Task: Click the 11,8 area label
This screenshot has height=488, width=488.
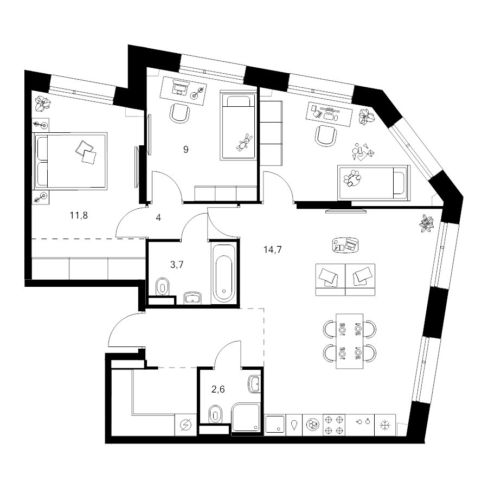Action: point(79,215)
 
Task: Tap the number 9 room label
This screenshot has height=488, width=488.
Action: point(186,150)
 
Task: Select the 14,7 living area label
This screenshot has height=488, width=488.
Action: point(273,249)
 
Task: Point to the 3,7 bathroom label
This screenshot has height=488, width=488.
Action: point(177,265)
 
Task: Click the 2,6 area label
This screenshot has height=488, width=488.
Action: point(218,389)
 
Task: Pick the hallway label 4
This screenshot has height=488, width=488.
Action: point(158,217)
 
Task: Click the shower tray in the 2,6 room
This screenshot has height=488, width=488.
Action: point(246,418)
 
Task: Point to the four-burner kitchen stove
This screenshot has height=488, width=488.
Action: point(334,425)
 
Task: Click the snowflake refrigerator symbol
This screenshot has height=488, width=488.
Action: point(386,425)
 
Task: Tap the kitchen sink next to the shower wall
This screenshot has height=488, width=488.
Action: point(274,425)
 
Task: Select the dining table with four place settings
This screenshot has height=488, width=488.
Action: point(350,341)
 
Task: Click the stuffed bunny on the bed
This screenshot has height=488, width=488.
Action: point(245,143)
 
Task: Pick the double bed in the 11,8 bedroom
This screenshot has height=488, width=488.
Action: point(70,161)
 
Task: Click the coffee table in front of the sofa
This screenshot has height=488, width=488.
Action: point(345,245)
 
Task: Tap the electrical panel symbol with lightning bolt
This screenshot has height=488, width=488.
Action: point(186,425)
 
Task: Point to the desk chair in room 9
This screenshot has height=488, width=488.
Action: point(180,113)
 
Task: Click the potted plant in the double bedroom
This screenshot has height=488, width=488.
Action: point(42,104)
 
